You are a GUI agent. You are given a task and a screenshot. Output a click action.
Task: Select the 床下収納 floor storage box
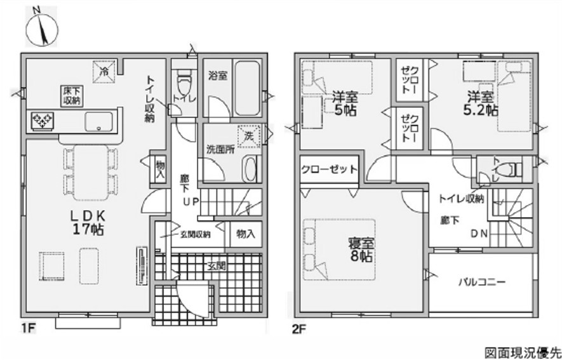pyautogui.click(x=71, y=95)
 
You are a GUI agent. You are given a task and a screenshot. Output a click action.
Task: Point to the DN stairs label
pyautogui.click(x=479, y=233)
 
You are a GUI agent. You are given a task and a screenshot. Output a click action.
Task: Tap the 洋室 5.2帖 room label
pyautogui.click(x=481, y=103)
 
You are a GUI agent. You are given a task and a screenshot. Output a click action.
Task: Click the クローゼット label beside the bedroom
pyautogui.click(x=329, y=170)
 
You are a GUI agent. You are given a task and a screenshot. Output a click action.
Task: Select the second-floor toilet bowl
pyautogui.click(x=508, y=170)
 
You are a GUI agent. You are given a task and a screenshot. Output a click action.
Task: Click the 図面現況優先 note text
pyautogui.click(x=523, y=351)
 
